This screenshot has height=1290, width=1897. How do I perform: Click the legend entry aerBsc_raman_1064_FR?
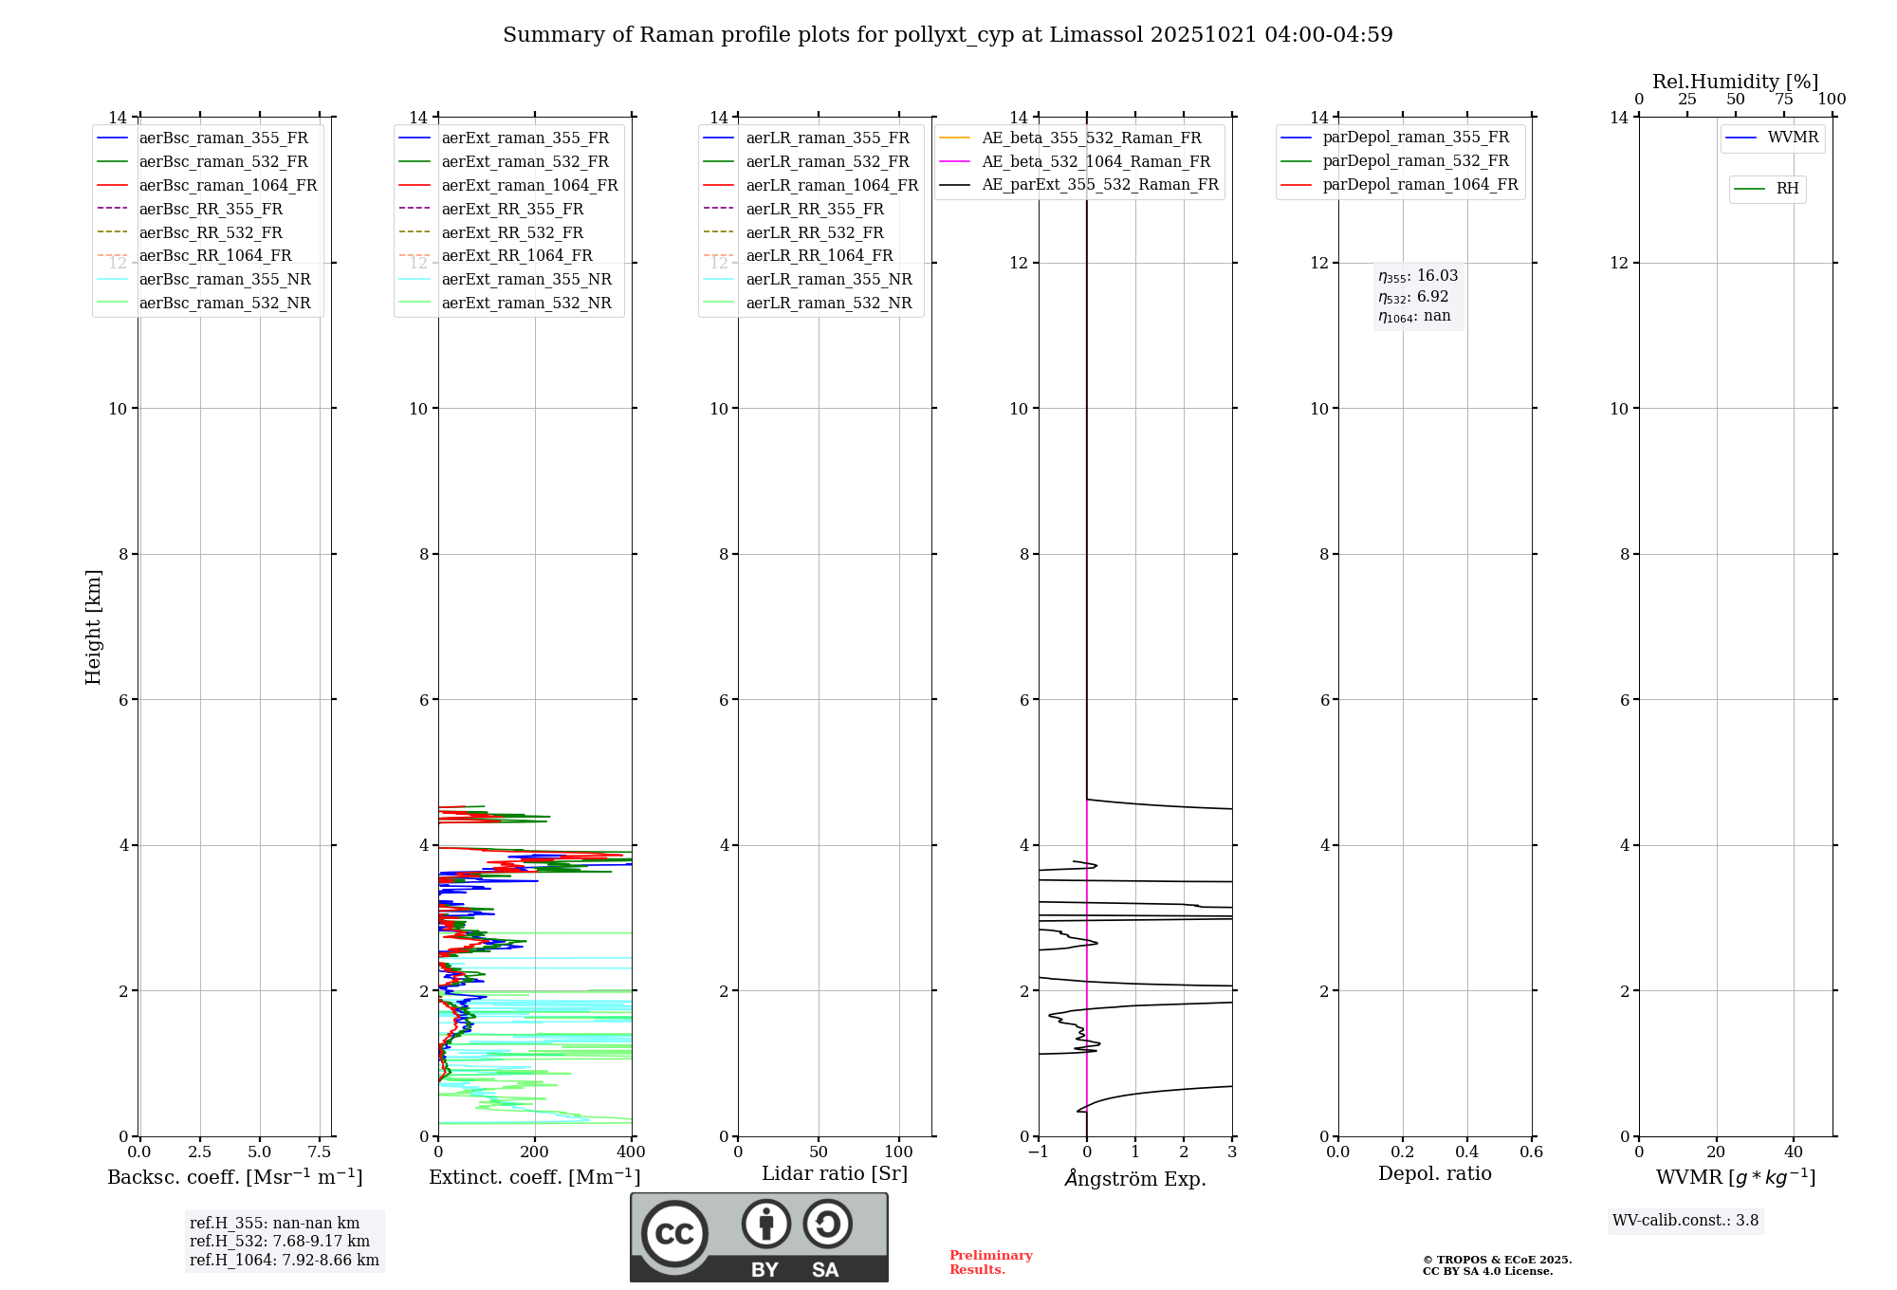click(x=228, y=185)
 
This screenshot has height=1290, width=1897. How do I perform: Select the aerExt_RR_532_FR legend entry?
click(x=512, y=232)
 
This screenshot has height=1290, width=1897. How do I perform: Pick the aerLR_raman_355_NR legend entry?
click(x=828, y=279)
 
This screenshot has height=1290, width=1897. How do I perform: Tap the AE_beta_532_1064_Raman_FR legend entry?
click(x=1096, y=161)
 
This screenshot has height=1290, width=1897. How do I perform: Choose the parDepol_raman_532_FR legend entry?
click(x=1415, y=161)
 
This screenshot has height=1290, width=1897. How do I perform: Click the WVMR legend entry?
click(x=1793, y=138)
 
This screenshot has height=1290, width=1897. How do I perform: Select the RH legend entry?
click(x=1787, y=189)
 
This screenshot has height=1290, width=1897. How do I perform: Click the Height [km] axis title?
click(x=93, y=626)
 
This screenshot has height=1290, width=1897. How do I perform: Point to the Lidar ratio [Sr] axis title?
click(x=835, y=1173)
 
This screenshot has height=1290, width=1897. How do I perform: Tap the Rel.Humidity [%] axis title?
click(x=1735, y=82)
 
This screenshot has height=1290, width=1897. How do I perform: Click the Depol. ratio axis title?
click(x=1434, y=1173)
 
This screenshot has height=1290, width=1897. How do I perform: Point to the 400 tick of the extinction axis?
click(x=631, y=1152)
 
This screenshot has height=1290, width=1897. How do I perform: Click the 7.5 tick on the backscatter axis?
click(x=320, y=1152)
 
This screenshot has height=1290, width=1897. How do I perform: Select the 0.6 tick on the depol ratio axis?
click(x=1531, y=1152)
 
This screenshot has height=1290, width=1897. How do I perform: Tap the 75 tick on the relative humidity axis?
click(x=1783, y=100)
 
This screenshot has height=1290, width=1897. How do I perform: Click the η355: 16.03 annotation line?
click(x=1418, y=276)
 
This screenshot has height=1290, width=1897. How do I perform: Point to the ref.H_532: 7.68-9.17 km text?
click(x=280, y=1241)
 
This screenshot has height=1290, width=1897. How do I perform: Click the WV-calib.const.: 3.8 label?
click(x=1685, y=1221)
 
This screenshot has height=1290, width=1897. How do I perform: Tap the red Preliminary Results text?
click(x=990, y=1262)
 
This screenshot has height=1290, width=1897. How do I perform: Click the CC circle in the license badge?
click(x=674, y=1233)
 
